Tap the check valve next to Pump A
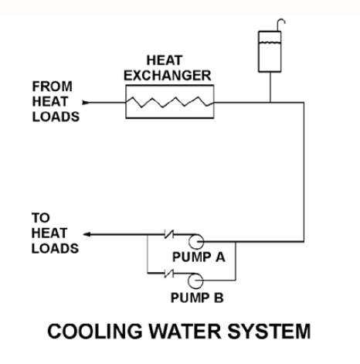169,234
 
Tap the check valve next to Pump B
169,274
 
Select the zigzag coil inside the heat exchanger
169,102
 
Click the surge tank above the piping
270,52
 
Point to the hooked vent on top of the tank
281,25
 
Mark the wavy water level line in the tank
270,43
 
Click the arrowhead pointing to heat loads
87,234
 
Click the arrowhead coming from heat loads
86,103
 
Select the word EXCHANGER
168,76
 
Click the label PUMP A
199,257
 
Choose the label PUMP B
197,298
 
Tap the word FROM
53,87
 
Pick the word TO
41,218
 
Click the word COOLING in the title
95,331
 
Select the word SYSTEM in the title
269,331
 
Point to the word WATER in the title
185,331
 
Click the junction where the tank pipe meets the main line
270,103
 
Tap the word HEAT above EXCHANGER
165,60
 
